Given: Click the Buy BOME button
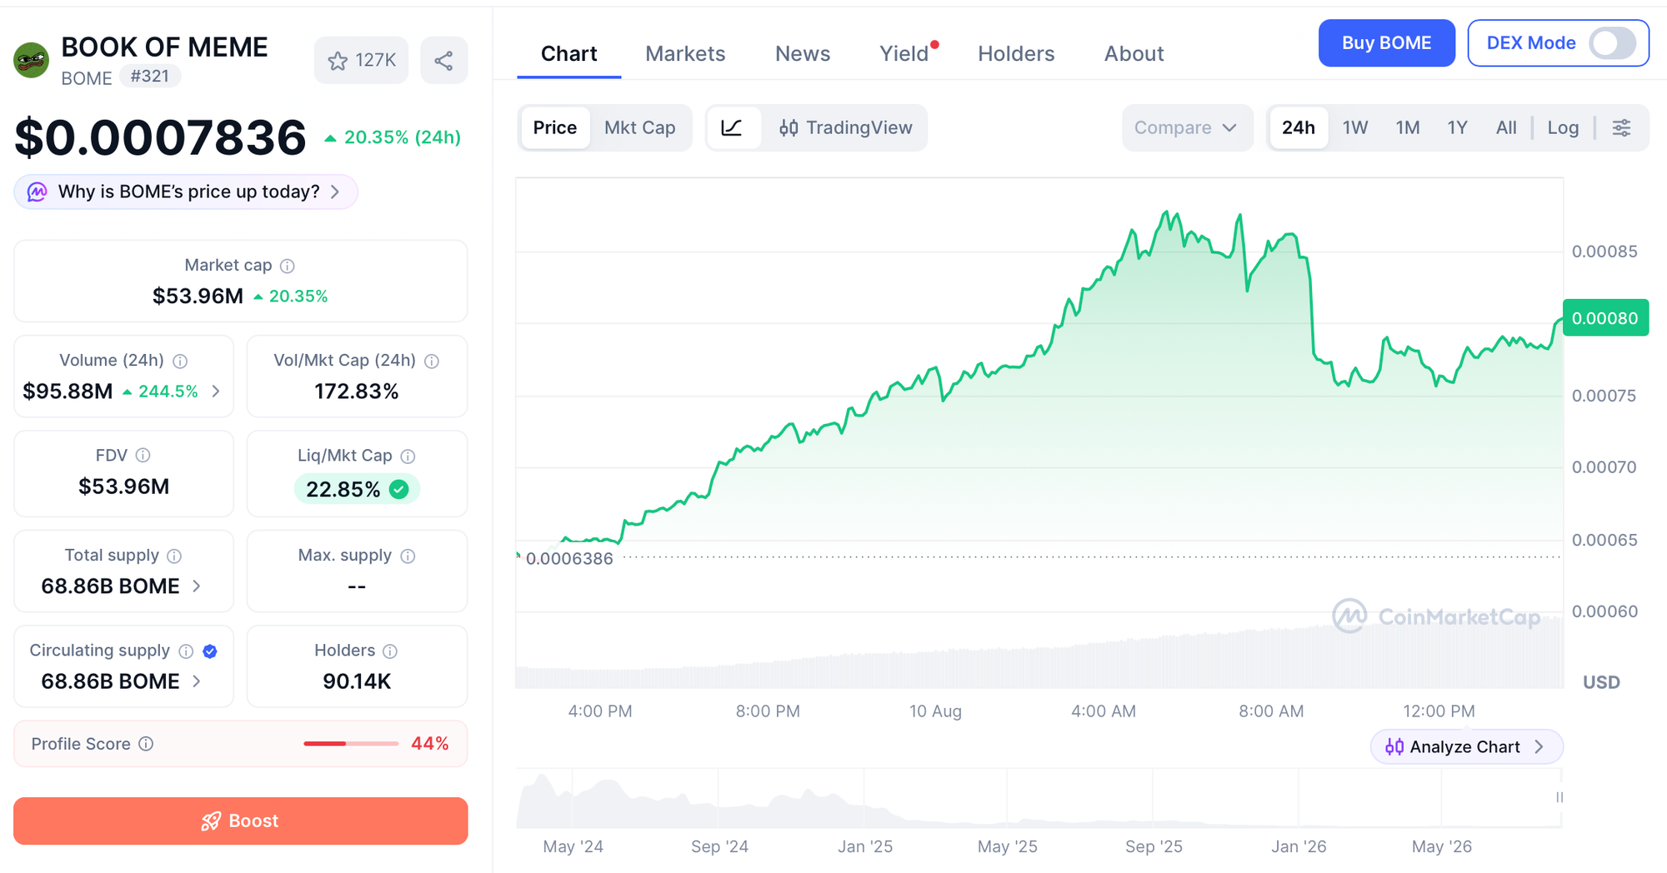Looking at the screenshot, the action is click(1386, 43).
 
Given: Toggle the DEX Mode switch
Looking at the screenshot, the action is click(1612, 43).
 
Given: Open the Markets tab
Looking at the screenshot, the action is click(685, 53).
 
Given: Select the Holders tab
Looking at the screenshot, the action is click(1016, 53).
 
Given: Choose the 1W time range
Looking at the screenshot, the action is click(1355, 127).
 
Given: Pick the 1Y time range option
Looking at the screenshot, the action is click(1457, 127).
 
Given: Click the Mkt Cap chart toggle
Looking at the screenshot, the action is click(639, 127).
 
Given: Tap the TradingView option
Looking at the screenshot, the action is click(845, 127).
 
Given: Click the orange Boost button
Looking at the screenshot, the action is click(240, 821).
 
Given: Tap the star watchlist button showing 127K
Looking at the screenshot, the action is click(361, 60).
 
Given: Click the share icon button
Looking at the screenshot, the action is click(443, 60).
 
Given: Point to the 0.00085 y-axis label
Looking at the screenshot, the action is click(1604, 252).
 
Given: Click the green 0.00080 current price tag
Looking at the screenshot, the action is click(1605, 317).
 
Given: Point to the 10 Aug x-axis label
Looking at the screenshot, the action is click(935, 711).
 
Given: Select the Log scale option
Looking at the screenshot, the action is click(1563, 127).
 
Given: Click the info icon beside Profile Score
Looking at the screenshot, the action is click(146, 744).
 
